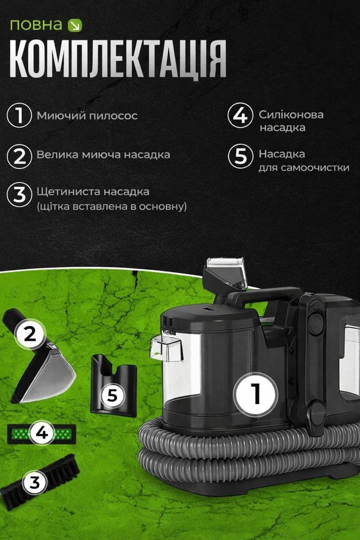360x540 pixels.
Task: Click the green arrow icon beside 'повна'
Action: tap(75, 25)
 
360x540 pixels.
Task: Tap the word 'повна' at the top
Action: tap(36, 25)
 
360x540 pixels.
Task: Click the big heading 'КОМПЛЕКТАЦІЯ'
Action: tap(118, 60)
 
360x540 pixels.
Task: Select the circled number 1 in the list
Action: tap(19, 115)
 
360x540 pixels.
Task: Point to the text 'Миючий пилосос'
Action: tap(87, 116)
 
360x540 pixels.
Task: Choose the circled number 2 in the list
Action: tap(19, 156)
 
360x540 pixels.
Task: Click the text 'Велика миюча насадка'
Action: tap(103, 155)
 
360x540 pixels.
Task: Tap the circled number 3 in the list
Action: tap(19, 195)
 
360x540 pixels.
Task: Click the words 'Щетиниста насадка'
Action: tap(93, 192)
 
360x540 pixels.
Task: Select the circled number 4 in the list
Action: tap(240, 115)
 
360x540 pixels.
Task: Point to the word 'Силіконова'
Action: tap(291, 115)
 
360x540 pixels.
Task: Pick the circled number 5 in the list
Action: tap(240, 156)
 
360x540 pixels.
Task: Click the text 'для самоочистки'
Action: tap(304, 167)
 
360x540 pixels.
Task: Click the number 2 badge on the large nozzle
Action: tap(30, 334)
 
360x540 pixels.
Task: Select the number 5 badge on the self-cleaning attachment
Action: tap(112, 396)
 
